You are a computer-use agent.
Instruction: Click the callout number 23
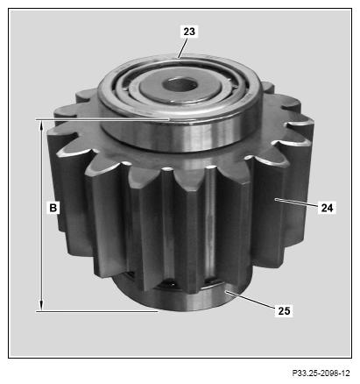click(x=189, y=32)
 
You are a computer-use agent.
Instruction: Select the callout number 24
click(x=327, y=208)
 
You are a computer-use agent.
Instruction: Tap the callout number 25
click(x=284, y=310)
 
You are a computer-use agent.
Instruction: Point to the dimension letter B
click(x=53, y=208)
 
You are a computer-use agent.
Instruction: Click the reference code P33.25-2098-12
click(x=321, y=373)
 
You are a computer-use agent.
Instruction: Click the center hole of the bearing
click(x=180, y=84)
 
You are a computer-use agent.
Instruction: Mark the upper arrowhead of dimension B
click(x=42, y=125)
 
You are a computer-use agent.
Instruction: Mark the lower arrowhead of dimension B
click(x=42, y=305)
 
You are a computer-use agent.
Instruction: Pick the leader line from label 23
click(x=181, y=47)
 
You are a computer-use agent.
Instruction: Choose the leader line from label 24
click(x=297, y=203)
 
